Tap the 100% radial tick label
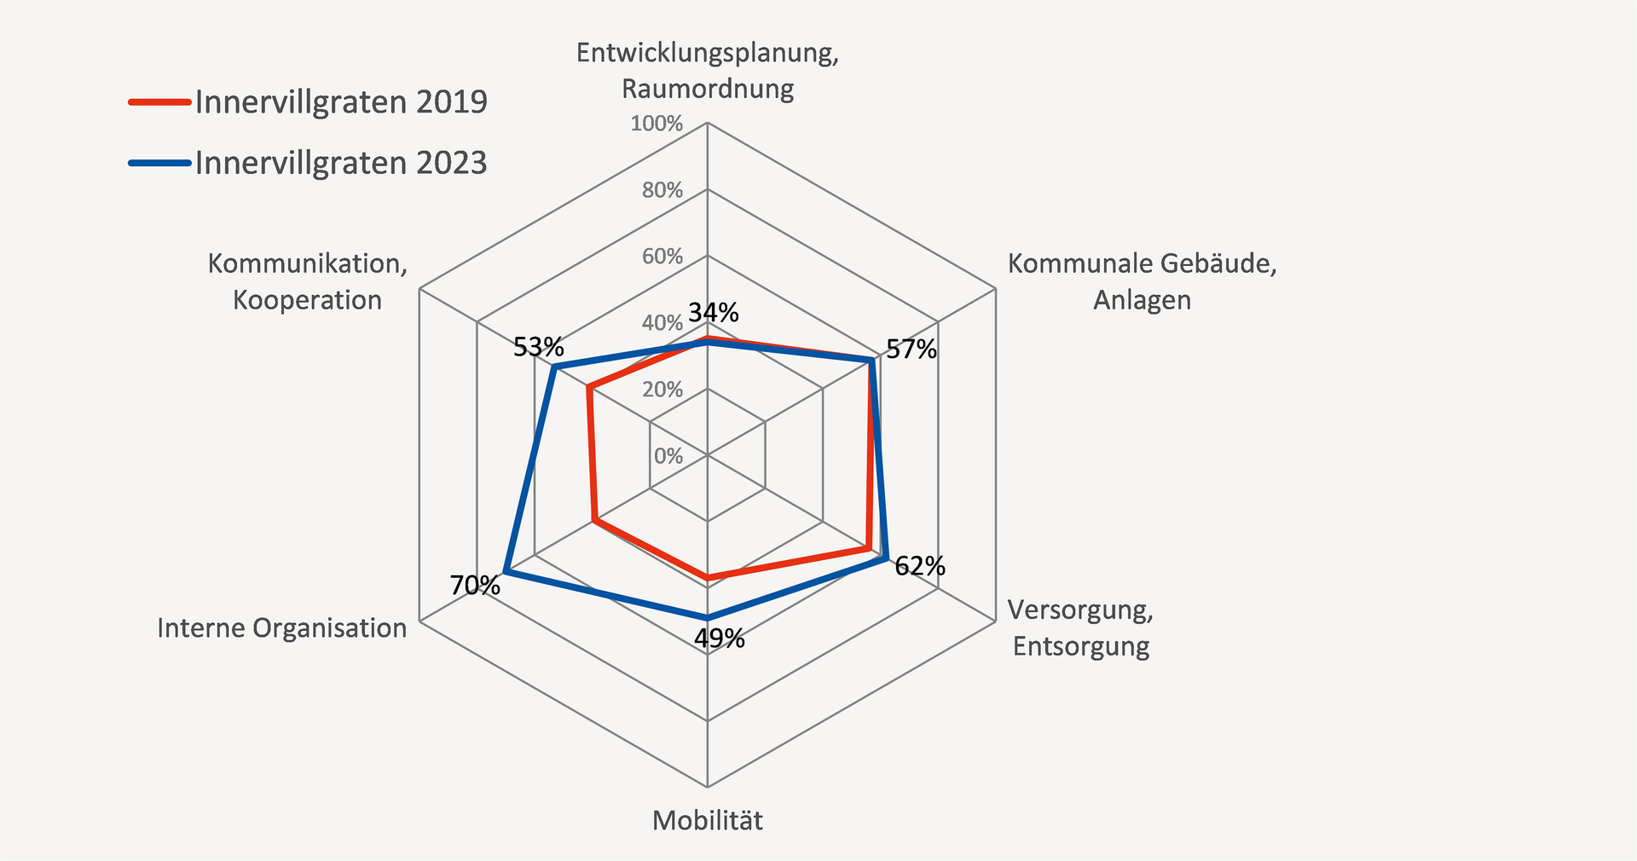(657, 124)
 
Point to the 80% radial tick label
(662, 191)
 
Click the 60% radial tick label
(662, 257)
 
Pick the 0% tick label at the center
(668, 456)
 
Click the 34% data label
(714, 313)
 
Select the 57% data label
(911, 350)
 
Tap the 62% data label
(920, 566)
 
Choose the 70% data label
(475, 586)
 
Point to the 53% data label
(538, 348)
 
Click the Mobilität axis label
(708, 821)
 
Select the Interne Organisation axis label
(282, 628)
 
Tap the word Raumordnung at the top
(708, 89)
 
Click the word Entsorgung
(1081, 646)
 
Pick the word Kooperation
(307, 300)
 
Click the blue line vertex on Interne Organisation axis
(506, 571)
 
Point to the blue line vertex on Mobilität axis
(707, 617)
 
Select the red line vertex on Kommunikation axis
(589, 389)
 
